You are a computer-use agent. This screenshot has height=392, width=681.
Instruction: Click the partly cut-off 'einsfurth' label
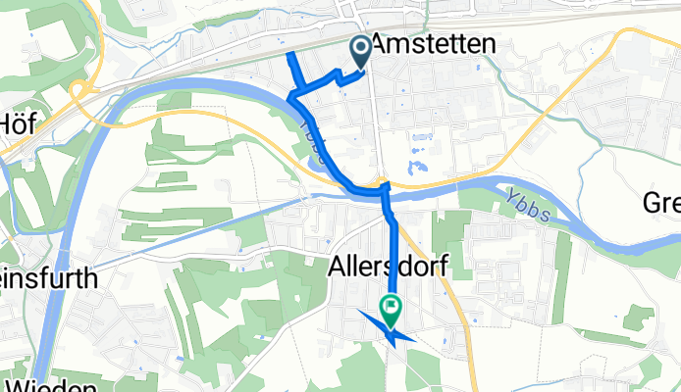coord(49,278)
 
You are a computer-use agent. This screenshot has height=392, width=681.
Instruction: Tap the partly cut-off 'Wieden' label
coord(44,384)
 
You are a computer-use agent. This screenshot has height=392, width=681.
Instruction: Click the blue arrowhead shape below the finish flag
coord(390,330)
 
